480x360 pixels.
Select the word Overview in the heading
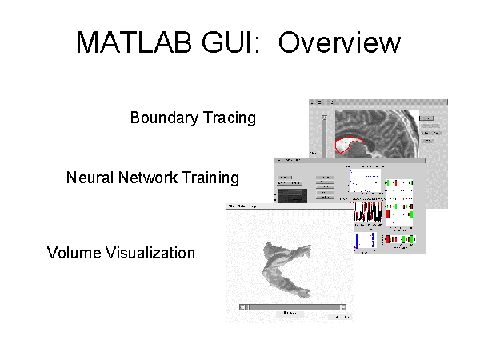point(336,42)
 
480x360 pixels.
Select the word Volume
point(74,254)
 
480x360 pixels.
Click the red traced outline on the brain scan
point(350,143)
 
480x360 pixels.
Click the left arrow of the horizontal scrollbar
point(242,307)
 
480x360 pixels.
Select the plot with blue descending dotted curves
point(365,179)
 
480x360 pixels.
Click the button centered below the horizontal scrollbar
point(290,314)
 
